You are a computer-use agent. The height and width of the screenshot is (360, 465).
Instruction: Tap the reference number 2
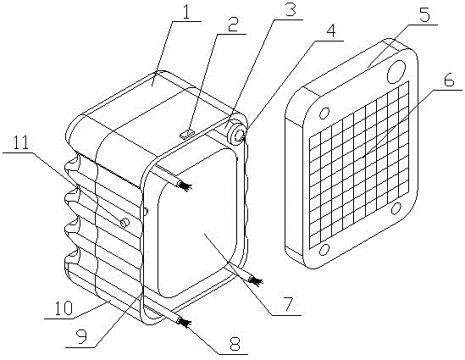(x=233, y=25)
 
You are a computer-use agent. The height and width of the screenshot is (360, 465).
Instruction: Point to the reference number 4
(x=330, y=30)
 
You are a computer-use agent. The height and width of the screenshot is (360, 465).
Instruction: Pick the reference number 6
(x=448, y=79)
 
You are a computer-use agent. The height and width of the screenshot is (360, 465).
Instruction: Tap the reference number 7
(x=288, y=303)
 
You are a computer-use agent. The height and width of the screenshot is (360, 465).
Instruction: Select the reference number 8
(x=235, y=343)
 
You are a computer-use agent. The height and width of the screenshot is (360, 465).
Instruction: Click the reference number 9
(x=81, y=337)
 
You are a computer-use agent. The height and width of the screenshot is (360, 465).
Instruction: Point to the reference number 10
(x=63, y=307)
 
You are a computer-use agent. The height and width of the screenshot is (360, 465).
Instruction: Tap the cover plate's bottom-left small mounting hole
(x=324, y=249)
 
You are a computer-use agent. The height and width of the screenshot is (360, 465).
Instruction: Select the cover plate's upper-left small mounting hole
(x=324, y=113)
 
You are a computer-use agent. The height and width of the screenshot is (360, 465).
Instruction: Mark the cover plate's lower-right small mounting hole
(x=396, y=208)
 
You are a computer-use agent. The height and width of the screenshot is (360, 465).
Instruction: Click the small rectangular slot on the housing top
(x=186, y=134)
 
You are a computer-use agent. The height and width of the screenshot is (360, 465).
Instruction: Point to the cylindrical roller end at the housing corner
(x=236, y=136)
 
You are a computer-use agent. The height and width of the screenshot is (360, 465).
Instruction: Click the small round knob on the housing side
(x=125, y=222)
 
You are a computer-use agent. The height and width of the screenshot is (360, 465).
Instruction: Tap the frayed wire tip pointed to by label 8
(x=183, y=322)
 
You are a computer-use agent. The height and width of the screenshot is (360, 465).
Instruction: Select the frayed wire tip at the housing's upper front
(x=185, y=186)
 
